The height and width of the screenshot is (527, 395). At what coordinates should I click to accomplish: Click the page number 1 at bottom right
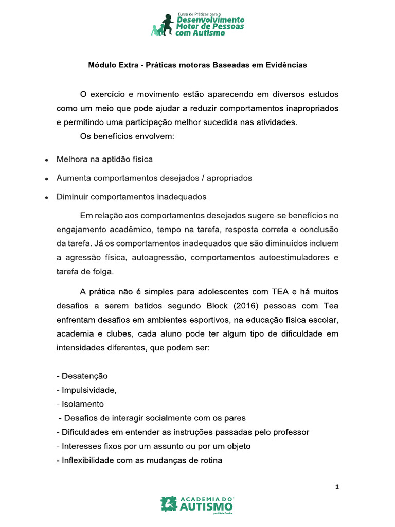point(337,487)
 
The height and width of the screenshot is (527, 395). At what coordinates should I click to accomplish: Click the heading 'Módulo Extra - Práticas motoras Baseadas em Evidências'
point(197,65)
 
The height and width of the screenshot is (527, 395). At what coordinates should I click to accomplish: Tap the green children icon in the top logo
point(163,25)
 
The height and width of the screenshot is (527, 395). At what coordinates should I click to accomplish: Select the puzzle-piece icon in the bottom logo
point(168,504)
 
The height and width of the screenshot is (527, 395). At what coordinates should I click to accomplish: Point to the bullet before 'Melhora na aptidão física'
point(46,160)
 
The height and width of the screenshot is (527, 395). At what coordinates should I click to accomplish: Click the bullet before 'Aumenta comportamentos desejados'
point(46,179)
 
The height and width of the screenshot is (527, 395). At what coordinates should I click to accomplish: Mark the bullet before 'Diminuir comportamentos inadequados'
point(46,197)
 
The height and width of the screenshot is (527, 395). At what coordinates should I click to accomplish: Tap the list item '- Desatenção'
point(82,376)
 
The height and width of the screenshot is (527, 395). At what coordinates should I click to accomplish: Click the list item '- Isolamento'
point(80,404)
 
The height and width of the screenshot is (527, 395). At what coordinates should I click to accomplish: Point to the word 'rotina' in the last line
point(211,460)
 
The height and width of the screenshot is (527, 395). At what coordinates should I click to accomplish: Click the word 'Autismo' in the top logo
point(209,33)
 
